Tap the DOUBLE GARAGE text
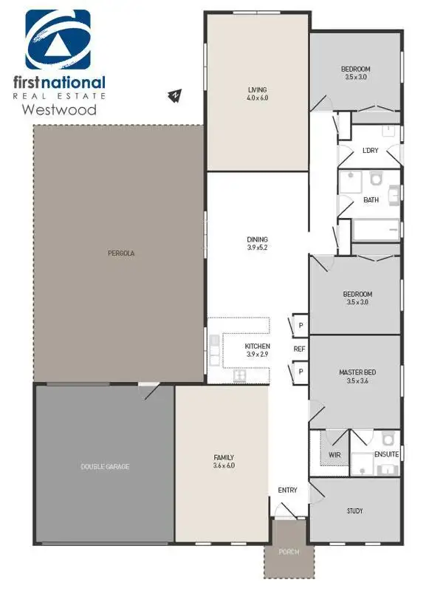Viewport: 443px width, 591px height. coord(106,466)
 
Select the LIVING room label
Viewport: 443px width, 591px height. coord(257,89)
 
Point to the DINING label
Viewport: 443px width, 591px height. coord(257,239)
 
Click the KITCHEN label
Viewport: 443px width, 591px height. coord(258,346)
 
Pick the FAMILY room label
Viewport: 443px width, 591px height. coord(223,458)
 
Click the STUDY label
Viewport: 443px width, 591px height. coord(354,510)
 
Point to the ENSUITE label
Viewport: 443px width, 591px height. coord(387,454)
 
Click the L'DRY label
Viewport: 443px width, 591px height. coord(370,151)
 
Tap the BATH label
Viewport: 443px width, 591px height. coord(371,199)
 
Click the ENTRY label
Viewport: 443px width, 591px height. coord(287,490)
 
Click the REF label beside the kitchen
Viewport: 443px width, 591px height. coord(299,349)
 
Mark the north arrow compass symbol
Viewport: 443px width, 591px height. coord(176,95)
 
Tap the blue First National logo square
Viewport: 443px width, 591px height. coord(58,40)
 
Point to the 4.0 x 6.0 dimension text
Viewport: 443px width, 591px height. coord(257,98)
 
